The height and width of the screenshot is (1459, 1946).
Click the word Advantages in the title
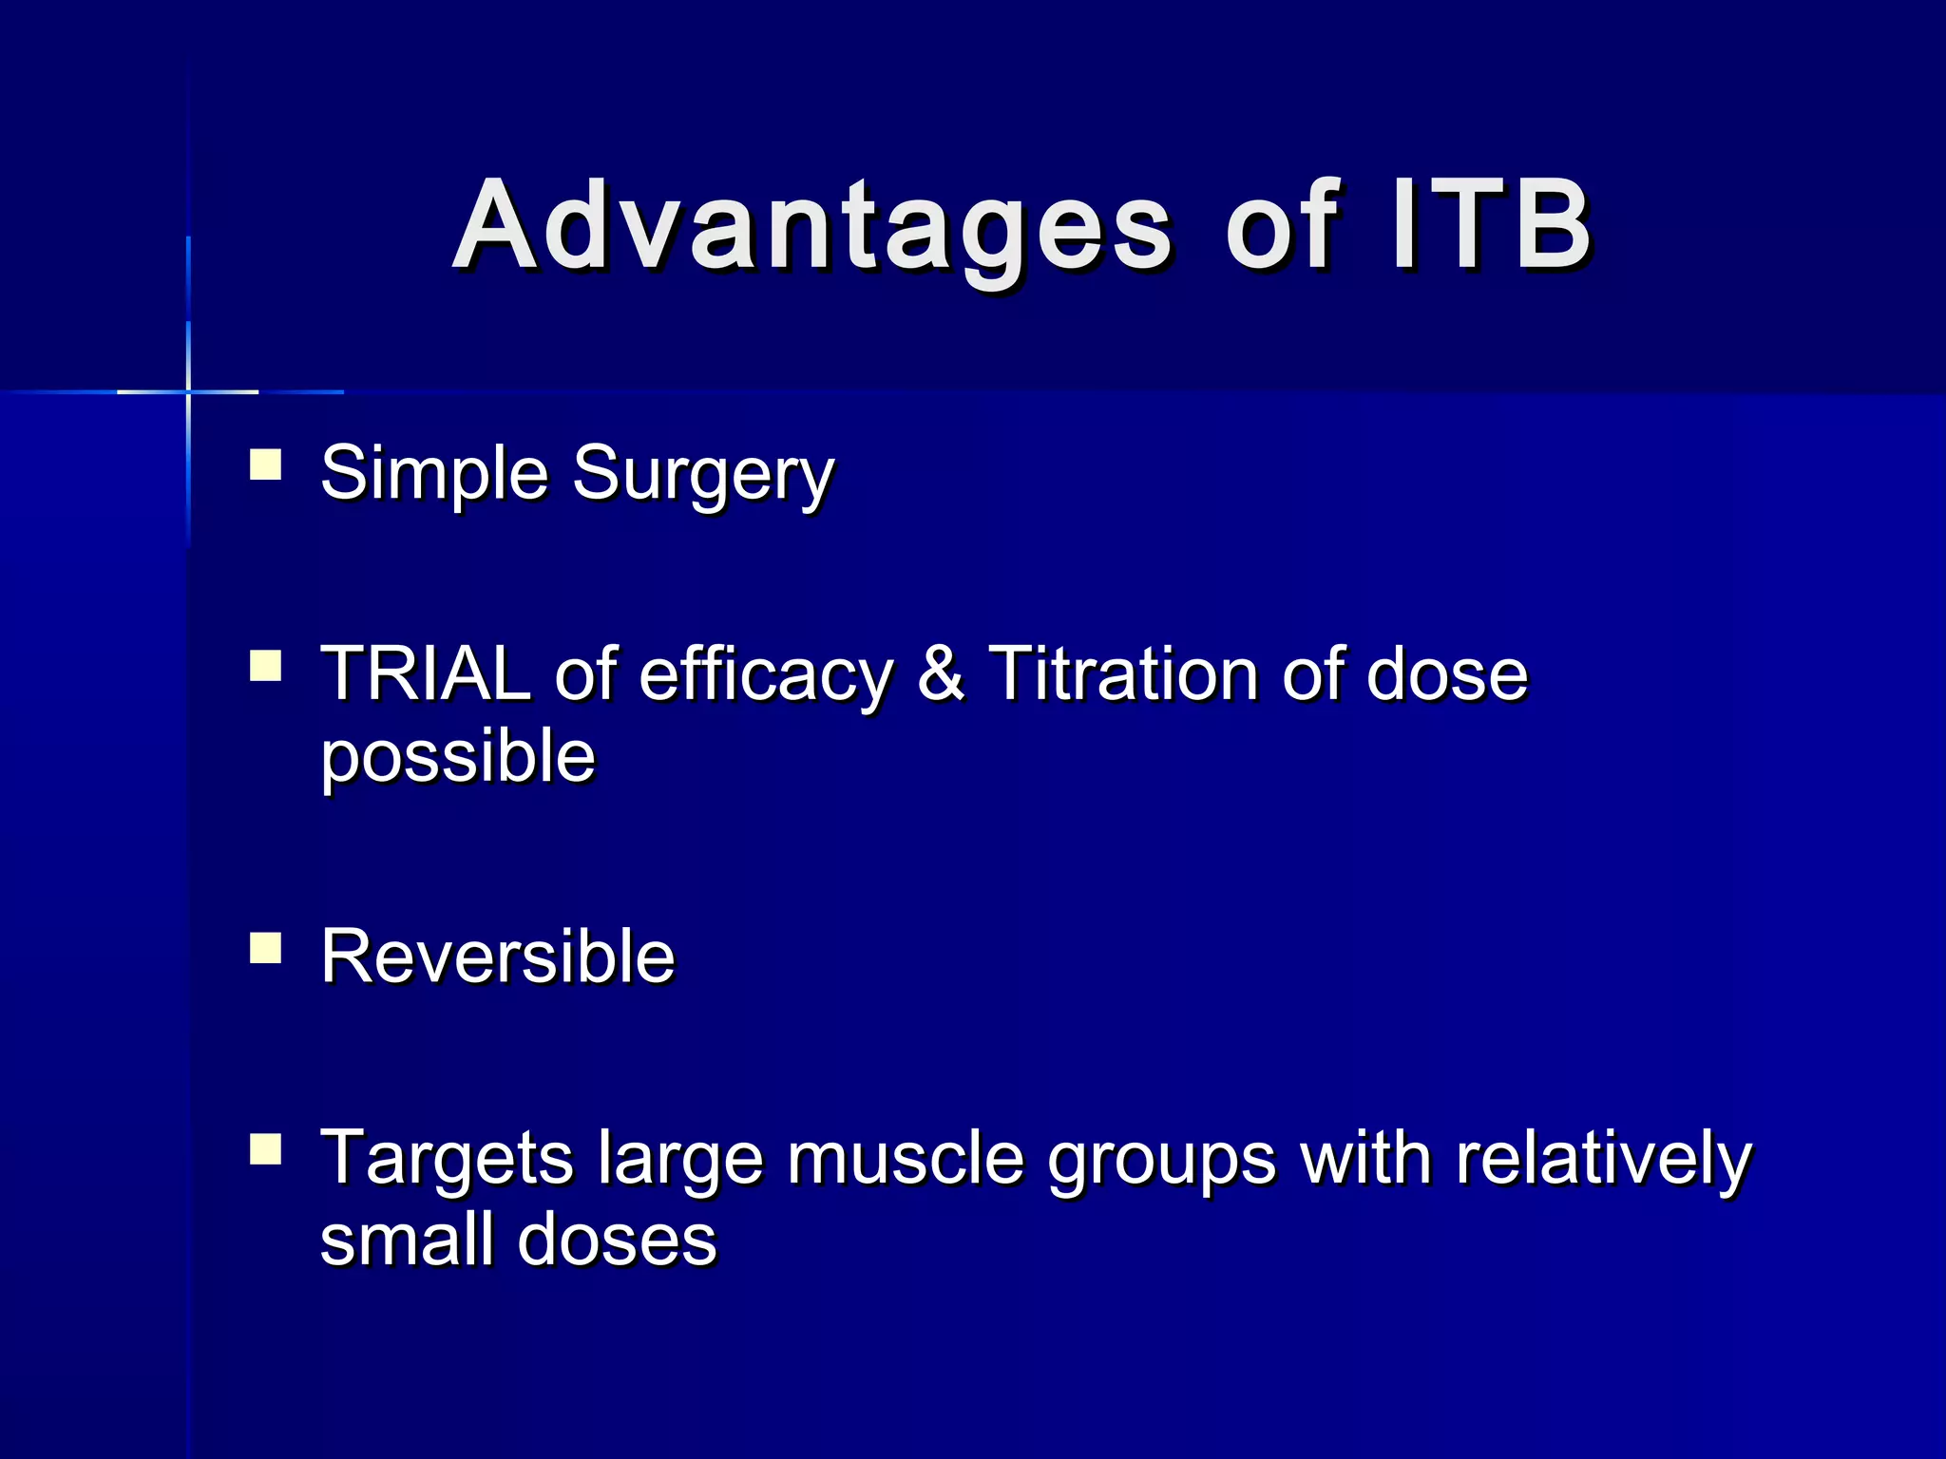(x=812, y=228)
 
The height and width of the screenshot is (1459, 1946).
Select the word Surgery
(x=703, y=475)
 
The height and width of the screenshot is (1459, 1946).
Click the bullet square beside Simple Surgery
(x=265, y=465)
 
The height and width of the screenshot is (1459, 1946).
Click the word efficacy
(x=766, y=676)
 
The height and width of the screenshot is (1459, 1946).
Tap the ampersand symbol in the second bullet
(x=941, y=674)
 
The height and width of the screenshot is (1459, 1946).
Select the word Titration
(x=1122, y=674)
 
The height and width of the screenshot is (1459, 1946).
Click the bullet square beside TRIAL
(x=265, y=666)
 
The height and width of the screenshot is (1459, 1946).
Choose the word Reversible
(x=497, y=957)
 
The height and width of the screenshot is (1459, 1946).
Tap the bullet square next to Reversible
(x=265, y=948)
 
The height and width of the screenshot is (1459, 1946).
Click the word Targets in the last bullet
(x=447, y=1159)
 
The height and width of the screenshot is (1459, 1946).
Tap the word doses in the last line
(x=617, y=1241)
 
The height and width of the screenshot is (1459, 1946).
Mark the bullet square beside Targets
(x=265, y=1149)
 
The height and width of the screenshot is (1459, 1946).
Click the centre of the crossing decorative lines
(x=188, y=391)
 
